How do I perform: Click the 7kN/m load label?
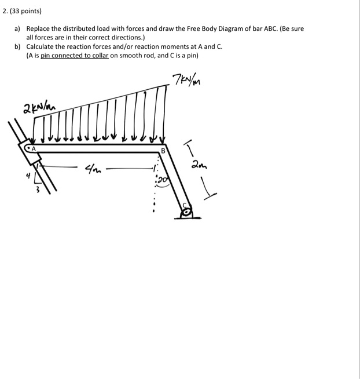pyautogui.click(x=186, y=79)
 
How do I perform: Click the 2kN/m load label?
pyautogui.click(x=39, y=108)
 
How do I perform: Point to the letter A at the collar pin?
pyautogui.click(x=34, y=149)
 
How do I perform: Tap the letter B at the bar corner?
pyautogui.click(x=163, y=151)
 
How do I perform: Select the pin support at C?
pyautogui.click(x=187, y=212)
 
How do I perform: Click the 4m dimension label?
pyautogui.click(x=93, y=169)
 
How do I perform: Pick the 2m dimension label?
pyautogui.click(x=199, y=165)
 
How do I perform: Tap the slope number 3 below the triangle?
pyautogui.click(x=38, y=190)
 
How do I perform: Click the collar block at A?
pyautogui.click(x=30, y=152)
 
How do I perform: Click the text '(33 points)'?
pyautogui.click(x=26, y=11)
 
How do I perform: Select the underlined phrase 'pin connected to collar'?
pyautogui.click(x=75, y=56)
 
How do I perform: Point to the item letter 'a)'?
pyautogui.click(x=17, y=29)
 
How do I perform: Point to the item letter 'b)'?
pyautogui.click(x=17, y=46)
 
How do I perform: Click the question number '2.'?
pyautogui.click(x=5, y=11)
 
